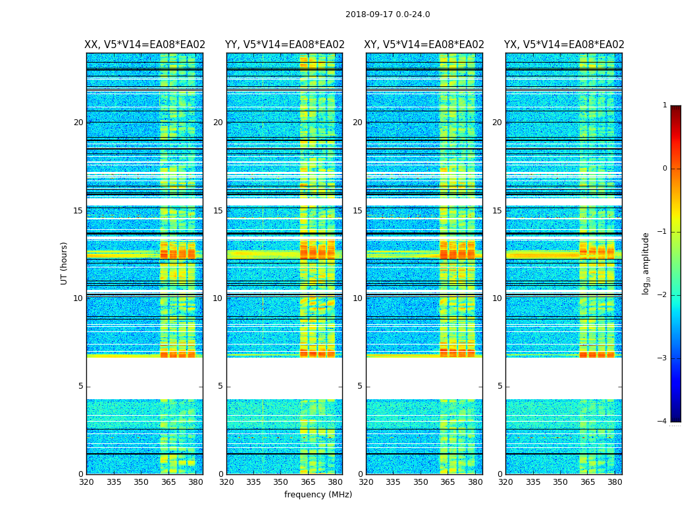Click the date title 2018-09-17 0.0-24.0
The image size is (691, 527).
[x=388, y=14]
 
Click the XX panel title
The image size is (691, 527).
[x=145, y=45]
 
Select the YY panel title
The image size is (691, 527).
[x=284, y=45]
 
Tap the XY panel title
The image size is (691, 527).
[x=424, y=45]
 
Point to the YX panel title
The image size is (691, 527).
[x=564, y=45]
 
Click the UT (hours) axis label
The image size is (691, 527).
[x=64, y=263]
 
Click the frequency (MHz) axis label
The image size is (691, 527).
[x=318, y=495]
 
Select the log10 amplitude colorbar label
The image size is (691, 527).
[x=646, y=263]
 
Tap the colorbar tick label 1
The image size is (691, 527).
[x=665, y=105]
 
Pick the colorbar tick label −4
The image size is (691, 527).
[x=663, y=422]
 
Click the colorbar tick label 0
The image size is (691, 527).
[x=665, y=169]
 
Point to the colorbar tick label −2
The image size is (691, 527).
[x=663, y=295]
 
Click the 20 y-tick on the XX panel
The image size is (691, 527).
[x=78, y=123]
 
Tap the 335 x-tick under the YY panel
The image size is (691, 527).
[x=253, y=482]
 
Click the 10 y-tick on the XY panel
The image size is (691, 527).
[x=357, y=298]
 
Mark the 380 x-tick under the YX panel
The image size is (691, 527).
[x=615, y=482]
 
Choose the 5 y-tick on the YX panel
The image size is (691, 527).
[x=500, y=386]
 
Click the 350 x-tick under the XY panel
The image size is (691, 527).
[x=421, y=482]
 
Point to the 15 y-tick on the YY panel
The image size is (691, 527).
[x=218, y=211]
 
